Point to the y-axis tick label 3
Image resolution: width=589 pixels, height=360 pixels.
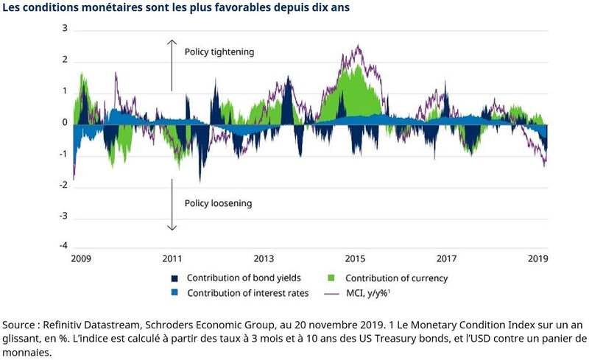click(x=64, y=29)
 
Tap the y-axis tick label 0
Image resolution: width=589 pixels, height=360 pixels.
click(x=64, y=122)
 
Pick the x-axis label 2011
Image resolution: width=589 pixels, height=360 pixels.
click(x=172, y=259)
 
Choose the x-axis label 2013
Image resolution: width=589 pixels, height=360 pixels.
click(x=264, y=259)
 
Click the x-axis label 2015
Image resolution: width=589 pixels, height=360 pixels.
click(x=355, y=259)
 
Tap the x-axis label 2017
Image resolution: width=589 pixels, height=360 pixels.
click(x=447, y=259)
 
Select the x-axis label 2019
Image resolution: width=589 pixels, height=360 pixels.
click(x=538, y=259)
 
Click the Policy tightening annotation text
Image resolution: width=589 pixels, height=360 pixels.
click(x=219, y=52)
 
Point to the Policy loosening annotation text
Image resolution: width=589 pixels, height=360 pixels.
click(x=219, y=203)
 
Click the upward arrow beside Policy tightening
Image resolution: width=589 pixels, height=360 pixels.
click(x=172, y=65)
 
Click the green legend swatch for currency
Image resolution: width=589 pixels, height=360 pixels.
click(x=332, y=278)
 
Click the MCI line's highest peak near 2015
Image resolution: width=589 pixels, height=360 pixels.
click(x=359, y=46)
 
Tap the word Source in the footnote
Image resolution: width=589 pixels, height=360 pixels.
click(x=20, y=325)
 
